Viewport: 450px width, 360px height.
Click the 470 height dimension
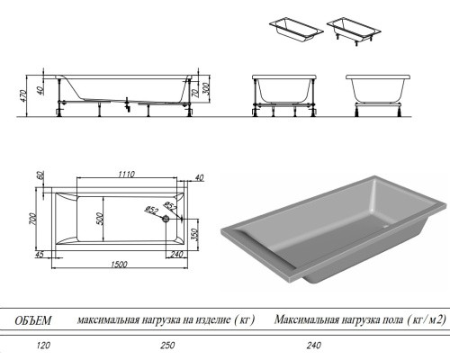click(x=24, y=95)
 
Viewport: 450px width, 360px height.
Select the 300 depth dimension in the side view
click(x=207, y=89)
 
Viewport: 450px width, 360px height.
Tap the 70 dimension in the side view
click(x=194, y=91)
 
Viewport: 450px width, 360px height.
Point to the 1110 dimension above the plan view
click(x=127, y=174)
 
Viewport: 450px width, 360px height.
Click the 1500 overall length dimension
click(x=119, y=265)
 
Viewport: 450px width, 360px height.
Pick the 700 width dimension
click(x=32, y=219)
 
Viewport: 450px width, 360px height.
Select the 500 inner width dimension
click(x=100, y=219)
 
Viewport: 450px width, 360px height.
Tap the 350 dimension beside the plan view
click(x=194, y=235)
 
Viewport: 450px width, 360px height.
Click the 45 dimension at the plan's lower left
click(x=40, y=255)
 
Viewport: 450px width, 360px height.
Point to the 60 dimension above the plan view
click(x=40, y=175)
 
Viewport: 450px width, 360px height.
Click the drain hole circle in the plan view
click(x=166, y=219)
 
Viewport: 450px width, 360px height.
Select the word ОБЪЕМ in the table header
click(x=33, y=320)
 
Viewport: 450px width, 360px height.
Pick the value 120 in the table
click(x=43, y=346)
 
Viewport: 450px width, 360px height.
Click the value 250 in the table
click(x=167, y=346)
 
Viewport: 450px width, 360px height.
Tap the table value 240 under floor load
click(x=314, y=346)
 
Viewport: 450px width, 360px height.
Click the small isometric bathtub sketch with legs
click(x=354, y=32)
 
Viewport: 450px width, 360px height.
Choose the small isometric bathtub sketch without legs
click(x=296, y=31)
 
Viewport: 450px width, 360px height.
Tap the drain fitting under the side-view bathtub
click(x=128, y=104)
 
